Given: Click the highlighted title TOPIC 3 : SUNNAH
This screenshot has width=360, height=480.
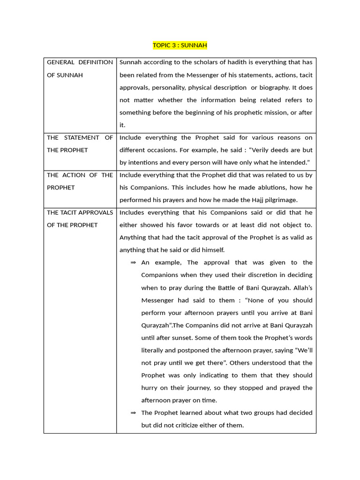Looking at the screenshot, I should coord(180,45).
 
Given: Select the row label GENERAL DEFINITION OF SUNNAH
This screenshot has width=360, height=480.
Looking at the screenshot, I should coord(80,68).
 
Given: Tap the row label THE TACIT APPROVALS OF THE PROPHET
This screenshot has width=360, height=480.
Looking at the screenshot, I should coord(80,218).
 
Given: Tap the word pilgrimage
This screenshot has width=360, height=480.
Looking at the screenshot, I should coord(278,200).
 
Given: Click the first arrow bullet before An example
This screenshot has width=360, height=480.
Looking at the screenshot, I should coord(133,262).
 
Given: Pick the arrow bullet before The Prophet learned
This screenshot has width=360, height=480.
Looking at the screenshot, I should coord(133,412).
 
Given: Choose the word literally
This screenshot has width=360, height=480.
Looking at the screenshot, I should coord(152,350).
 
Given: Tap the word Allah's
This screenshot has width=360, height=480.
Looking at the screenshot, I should coord(302,288).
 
